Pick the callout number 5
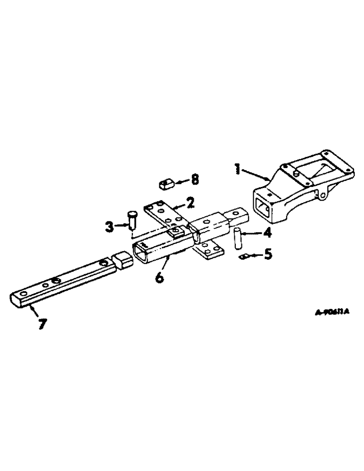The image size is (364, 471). [267, 255]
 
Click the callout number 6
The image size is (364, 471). [159, 278]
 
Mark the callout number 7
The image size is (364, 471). [43, 324]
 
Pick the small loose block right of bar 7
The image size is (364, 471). [122, 261]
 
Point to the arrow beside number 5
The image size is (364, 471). [256, 255]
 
